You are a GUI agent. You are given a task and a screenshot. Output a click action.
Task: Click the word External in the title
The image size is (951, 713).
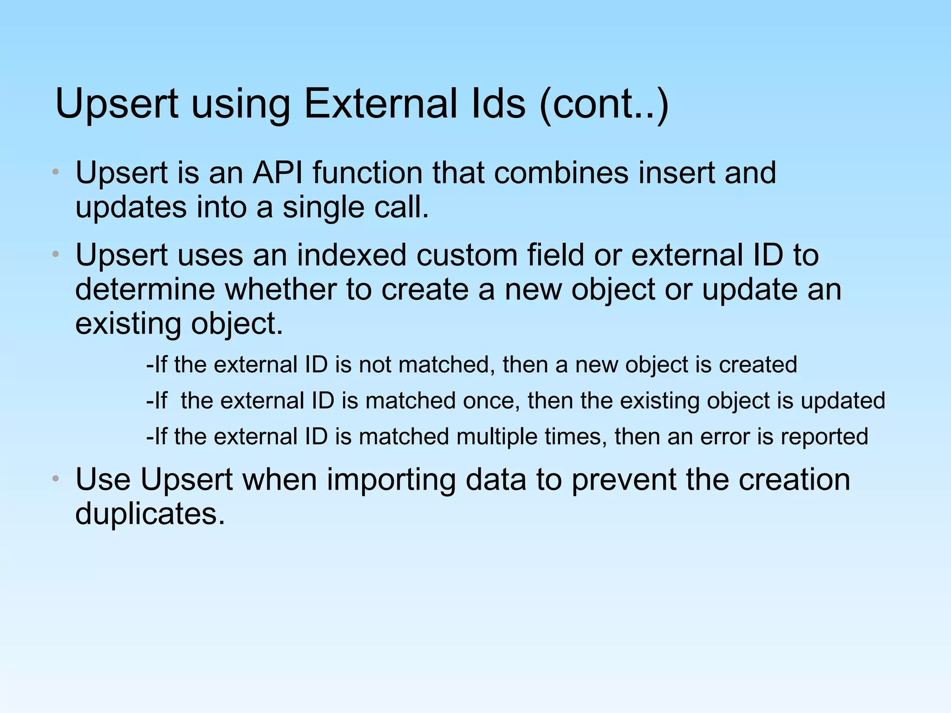click(414, 104)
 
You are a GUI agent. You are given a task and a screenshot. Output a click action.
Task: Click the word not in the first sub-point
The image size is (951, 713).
click(375, 365)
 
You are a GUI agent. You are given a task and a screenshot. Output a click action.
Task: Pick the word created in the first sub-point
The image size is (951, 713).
click(758, 365)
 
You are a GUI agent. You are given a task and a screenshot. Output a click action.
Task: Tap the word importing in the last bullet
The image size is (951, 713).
click(391, 480)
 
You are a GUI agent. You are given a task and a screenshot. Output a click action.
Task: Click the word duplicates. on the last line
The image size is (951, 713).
click(150, 514)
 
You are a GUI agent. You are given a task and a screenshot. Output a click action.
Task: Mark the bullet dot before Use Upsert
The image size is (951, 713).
click(56, 479)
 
